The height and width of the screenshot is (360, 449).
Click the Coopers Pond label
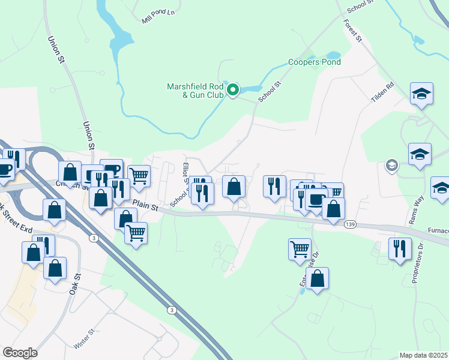pos(314,62)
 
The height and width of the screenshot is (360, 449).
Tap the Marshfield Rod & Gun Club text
pos(194,91)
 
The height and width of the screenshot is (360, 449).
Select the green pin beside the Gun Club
pos(233,90)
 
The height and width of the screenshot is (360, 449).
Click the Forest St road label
pos(353,29)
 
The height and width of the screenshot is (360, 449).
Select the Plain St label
pos(145,206)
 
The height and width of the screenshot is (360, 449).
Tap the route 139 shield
pos(351,224)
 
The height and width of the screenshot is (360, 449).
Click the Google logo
pos(20,353)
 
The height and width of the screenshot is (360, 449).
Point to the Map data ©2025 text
pos(423,355)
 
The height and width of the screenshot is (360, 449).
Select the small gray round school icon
pos(391,165)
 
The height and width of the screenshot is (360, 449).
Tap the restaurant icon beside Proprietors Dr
pos(399,248)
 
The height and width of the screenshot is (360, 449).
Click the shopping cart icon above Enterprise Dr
pos(300,248)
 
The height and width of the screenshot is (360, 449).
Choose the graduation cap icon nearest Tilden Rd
pos(421,94)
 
